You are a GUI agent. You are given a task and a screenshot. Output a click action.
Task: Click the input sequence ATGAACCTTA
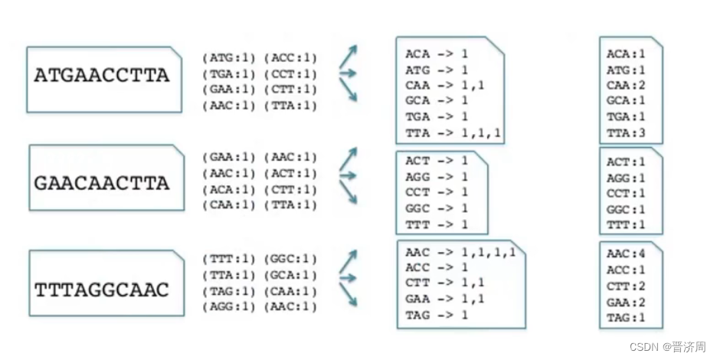pos(101,76)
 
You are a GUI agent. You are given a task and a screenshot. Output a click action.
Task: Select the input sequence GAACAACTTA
pos(101,183)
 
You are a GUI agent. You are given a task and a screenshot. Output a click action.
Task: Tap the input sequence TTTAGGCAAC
pos(101,290)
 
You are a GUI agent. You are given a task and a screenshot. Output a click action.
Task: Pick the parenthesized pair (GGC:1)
pos(290,259)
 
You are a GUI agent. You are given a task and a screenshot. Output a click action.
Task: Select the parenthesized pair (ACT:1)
pos(290,173)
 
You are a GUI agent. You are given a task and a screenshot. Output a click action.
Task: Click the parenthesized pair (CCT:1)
pos(290,74)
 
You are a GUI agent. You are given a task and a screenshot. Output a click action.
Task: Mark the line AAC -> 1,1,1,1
pos(460,253)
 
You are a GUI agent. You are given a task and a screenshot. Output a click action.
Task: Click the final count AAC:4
pos(626,254)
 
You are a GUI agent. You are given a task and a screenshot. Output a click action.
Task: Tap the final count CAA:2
pos(626,85)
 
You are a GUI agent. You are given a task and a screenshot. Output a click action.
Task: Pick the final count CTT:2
pos(626,286)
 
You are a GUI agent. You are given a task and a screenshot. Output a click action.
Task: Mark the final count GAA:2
pos(626,302)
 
